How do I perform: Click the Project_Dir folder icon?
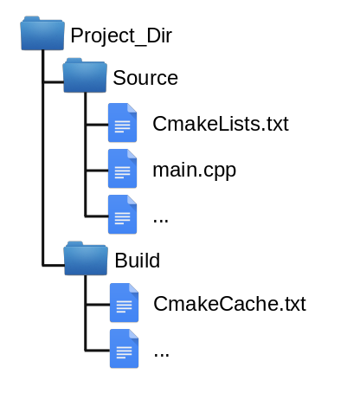point(42,33)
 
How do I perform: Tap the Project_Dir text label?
point(121,36)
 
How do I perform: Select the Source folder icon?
point(85,75)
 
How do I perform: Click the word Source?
point(145,78)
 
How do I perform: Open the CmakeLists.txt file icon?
point(122,123)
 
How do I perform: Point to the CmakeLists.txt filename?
point(221,124)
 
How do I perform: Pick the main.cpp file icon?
point(122,169)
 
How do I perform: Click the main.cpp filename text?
point(195,171)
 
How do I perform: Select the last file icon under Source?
point(122,215)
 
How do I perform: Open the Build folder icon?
point(86,258)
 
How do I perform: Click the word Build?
point(138,261)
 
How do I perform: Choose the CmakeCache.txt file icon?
point(124,303)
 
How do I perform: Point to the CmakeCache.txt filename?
point(229,304)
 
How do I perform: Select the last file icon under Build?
point(124,349)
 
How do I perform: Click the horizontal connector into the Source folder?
point(54,82)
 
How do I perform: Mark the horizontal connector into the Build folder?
point(54,265)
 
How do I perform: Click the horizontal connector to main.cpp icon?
point(97,171)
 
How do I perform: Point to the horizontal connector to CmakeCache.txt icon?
point(98,305)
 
